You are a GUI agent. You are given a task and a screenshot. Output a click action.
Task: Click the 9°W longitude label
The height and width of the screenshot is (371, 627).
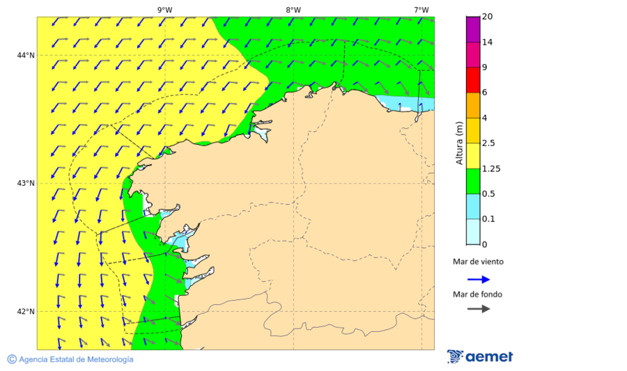click(x=164, y=10)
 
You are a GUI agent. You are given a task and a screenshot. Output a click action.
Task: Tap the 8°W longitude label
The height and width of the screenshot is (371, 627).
click(x=293, y=10)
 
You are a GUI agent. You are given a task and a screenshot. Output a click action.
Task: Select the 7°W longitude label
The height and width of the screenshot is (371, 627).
click(x=421, y=10)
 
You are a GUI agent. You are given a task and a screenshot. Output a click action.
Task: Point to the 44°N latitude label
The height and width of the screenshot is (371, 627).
click(x=26, y=56)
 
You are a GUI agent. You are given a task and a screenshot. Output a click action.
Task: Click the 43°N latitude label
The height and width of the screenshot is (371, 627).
click(x=26, y=184)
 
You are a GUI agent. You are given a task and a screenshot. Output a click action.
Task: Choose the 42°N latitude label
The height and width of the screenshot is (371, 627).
click(x=26, y=312)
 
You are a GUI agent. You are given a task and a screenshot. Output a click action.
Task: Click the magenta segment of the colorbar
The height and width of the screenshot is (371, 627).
click(x=473, y=29)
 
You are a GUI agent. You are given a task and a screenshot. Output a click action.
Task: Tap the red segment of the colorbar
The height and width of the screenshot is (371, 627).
click(x=473, y=80)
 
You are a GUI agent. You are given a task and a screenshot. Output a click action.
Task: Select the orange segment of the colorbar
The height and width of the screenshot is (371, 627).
click(x=473, y=105)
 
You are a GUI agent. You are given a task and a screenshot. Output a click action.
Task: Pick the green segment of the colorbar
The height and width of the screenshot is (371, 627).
click(x=473, y=181)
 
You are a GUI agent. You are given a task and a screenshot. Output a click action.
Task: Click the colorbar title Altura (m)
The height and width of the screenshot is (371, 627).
click(x=459, y=143)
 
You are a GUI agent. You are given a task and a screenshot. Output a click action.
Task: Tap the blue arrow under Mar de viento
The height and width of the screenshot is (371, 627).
click(x=478, y=279)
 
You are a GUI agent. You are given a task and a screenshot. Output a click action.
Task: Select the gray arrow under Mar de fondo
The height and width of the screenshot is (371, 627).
click(x=478, y=309)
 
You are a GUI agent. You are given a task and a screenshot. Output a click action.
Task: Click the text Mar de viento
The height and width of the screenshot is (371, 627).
click(x=478, y=262)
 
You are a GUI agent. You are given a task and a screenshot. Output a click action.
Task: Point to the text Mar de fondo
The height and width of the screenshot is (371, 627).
click(x=477, y=294)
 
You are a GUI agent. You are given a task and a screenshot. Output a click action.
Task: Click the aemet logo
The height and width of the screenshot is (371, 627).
click(x=480, y=356)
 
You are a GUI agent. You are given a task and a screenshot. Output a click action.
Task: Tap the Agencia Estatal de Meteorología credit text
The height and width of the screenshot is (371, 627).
click(x=70, y=359)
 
